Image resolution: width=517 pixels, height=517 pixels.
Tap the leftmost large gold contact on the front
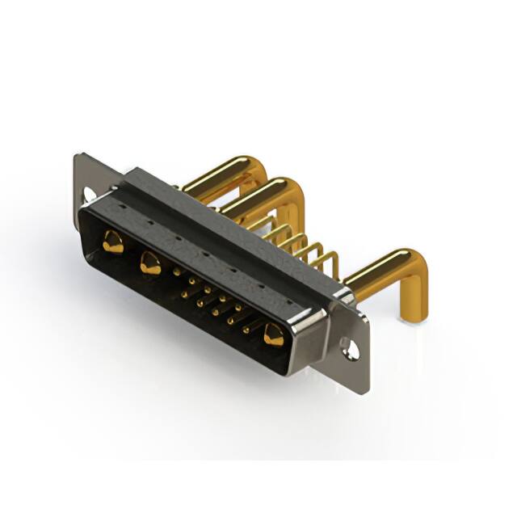coord(113,242)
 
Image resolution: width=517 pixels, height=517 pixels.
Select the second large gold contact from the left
coord(149,263)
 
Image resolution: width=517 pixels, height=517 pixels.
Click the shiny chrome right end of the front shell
coord(312,339)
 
